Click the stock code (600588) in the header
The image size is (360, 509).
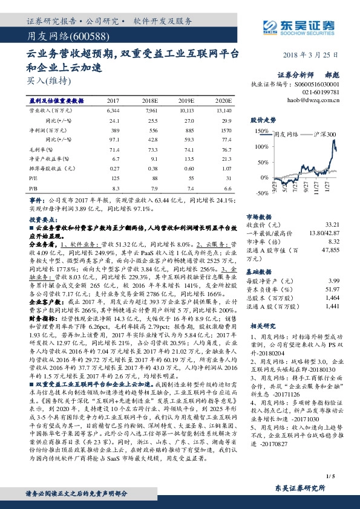click(x=77, y=36)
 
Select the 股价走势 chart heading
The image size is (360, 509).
click(x=263, y=119)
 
